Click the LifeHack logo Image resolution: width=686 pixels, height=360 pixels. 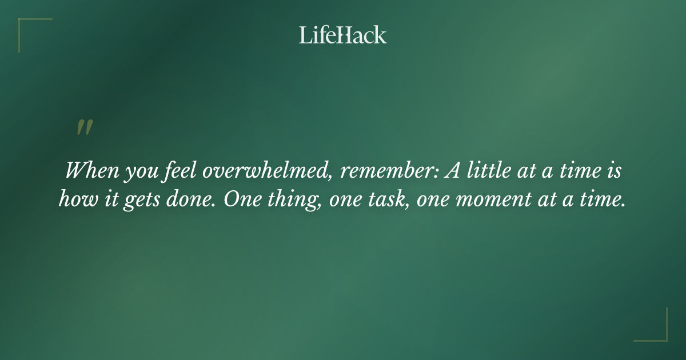343,35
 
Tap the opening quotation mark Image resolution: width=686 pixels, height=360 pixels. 85,129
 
